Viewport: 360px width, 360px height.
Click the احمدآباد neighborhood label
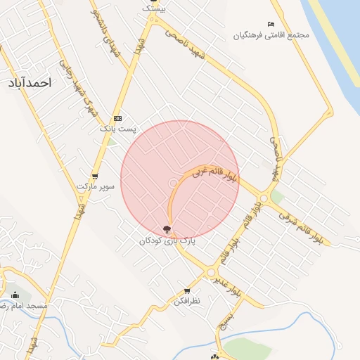pos(30,83)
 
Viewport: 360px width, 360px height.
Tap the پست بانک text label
pos(117,129)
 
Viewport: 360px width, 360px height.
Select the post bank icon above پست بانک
pos(117,118)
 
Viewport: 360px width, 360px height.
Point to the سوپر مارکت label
pos(95,186)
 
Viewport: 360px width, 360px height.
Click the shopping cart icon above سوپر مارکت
pos(95,176)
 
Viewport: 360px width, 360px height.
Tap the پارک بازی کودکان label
pos(167,240)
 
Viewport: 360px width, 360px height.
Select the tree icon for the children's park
pos(167,229)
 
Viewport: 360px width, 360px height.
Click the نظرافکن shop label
pos(187,301)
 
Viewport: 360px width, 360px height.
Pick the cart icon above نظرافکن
pos(187,290)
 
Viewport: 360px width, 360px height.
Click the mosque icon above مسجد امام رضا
pos(15,295)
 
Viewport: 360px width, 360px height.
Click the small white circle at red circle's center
pos(174,184)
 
